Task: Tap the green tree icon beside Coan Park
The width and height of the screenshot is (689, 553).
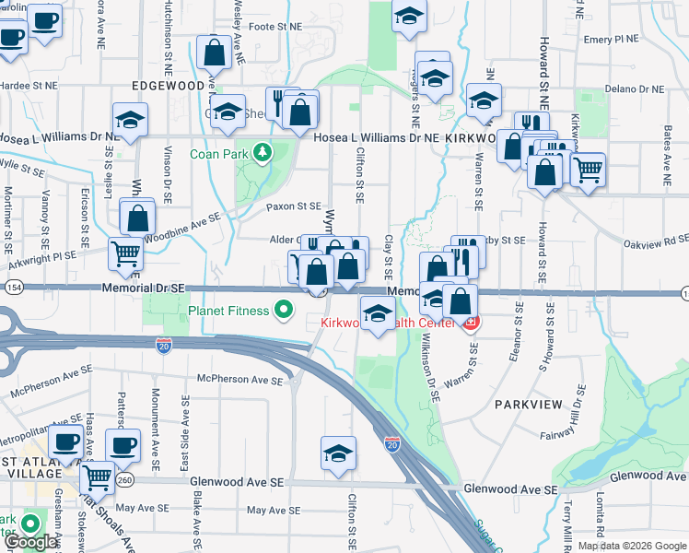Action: [x=263, y=151]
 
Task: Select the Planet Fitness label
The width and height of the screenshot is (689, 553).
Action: [x=229, y=311]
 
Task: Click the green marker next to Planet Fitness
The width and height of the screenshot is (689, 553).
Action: [x=286, y=311]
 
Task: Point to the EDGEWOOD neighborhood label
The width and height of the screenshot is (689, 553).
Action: [x=168, y=85]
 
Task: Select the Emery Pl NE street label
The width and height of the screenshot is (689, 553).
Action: [x=611, y=40]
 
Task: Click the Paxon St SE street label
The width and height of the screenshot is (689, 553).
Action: [x=294, y=206]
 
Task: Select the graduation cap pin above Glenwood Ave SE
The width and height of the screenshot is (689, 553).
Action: [x=338, y=453]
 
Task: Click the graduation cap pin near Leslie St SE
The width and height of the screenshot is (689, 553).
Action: [x=131, y=119]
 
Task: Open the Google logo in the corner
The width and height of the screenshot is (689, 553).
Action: [x=30, y=542]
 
